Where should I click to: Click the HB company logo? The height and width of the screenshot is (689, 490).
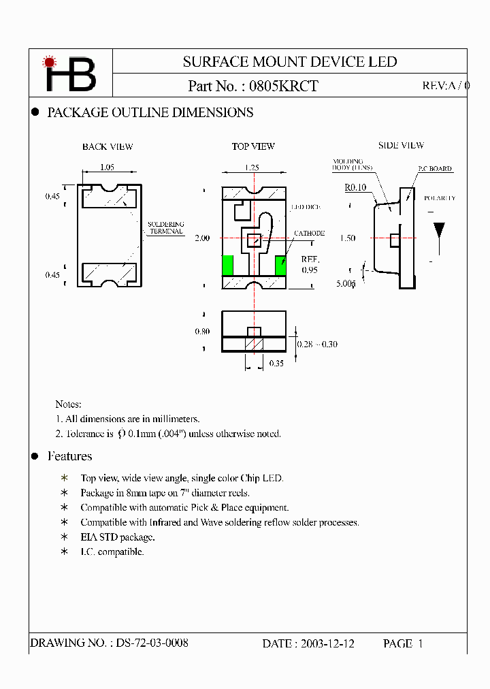(x=70, y=74)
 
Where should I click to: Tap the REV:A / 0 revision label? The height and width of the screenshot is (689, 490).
(x=445, y=86)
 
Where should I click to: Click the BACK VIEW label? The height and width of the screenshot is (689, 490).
(x=108, y=147)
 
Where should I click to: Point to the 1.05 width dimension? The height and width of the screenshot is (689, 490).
(x=107, y=167)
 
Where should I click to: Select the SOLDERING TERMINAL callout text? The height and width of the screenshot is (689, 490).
(x=165, y=227)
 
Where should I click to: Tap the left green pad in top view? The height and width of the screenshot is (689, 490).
(x=228, y=266)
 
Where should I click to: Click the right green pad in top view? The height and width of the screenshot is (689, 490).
(x=280, y=266)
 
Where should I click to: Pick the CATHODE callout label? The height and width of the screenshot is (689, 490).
(x=309, y=234)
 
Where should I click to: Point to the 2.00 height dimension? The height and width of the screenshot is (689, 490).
(x=202, y=238)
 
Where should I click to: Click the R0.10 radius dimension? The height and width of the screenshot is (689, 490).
(x=355, y=187)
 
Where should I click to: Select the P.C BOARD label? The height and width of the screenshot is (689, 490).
(x=434, y=169)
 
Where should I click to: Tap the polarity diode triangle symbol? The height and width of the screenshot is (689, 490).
(x=440, y=230)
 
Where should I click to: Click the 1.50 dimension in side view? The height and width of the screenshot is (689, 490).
(x=348, y=239)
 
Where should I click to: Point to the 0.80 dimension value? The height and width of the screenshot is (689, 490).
(x=202, y=332)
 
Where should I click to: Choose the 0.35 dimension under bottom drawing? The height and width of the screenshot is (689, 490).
(x=276, y=364)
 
